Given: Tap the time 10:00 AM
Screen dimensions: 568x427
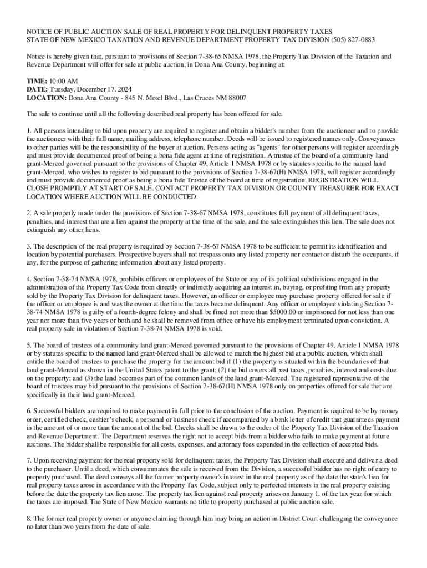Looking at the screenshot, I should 64,81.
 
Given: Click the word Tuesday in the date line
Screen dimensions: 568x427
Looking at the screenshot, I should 64,89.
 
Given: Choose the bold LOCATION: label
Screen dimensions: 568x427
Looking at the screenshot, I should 47,98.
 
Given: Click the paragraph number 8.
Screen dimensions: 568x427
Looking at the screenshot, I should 29,518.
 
